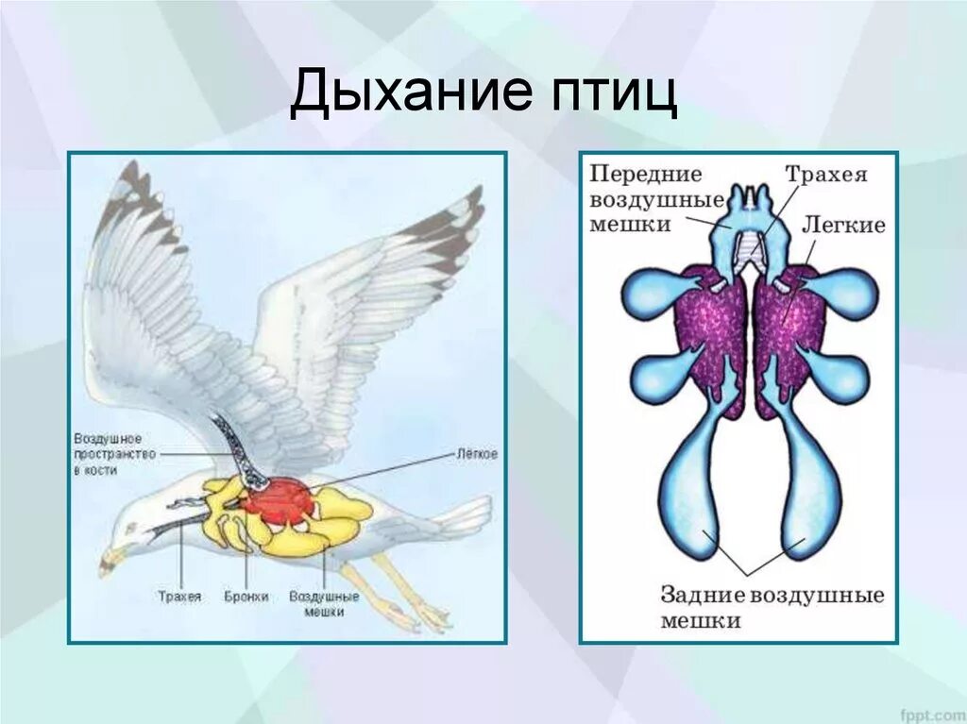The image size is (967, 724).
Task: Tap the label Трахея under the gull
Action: (179, 597)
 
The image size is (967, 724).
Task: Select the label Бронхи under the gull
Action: (246, 597)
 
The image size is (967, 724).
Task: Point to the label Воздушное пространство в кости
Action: (108, 454)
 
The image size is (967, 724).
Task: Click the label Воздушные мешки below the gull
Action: (324, 603)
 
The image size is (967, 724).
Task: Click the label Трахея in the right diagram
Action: (825, 176)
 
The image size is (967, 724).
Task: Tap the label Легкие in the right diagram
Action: (843, 225)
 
